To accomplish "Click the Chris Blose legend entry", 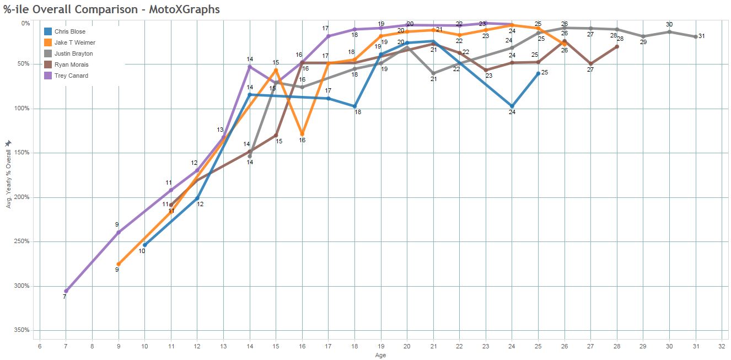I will tap(69, 32).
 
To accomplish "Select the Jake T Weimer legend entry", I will tap(74, 43).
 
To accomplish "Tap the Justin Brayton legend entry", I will tap(73, 54).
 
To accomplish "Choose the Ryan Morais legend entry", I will tap(71, 65).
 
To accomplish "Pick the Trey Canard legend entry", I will tap(71, 76).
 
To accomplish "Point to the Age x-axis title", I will tap(380, 356).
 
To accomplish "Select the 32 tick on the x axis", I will tap(722, 346).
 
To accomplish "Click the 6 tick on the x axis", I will tap(39, 346).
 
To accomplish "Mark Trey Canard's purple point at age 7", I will tap(66, 291).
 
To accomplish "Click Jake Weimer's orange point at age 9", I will tap(119, 264).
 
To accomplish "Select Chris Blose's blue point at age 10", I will tap(144, 245).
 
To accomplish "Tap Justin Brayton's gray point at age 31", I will tap(696, 36).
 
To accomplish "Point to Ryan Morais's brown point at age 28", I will tap(616, 46).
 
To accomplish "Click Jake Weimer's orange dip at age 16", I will tap(302, 134).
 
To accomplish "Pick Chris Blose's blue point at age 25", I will tap(538, 73).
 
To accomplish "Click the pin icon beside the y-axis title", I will tap(8, 143).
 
